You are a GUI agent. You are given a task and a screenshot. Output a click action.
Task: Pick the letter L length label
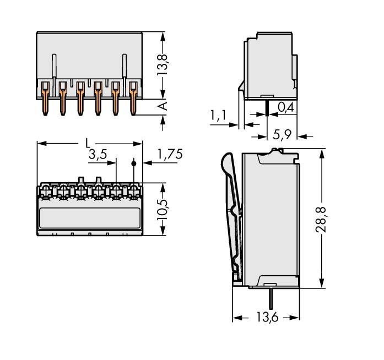(x=88, y=143)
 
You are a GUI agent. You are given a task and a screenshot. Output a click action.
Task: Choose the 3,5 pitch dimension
(x=98, y=155)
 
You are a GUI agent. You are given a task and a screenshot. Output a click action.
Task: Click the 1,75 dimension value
(x=169, y=155)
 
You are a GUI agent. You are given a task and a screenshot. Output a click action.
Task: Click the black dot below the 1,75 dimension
(x=134, y=164)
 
